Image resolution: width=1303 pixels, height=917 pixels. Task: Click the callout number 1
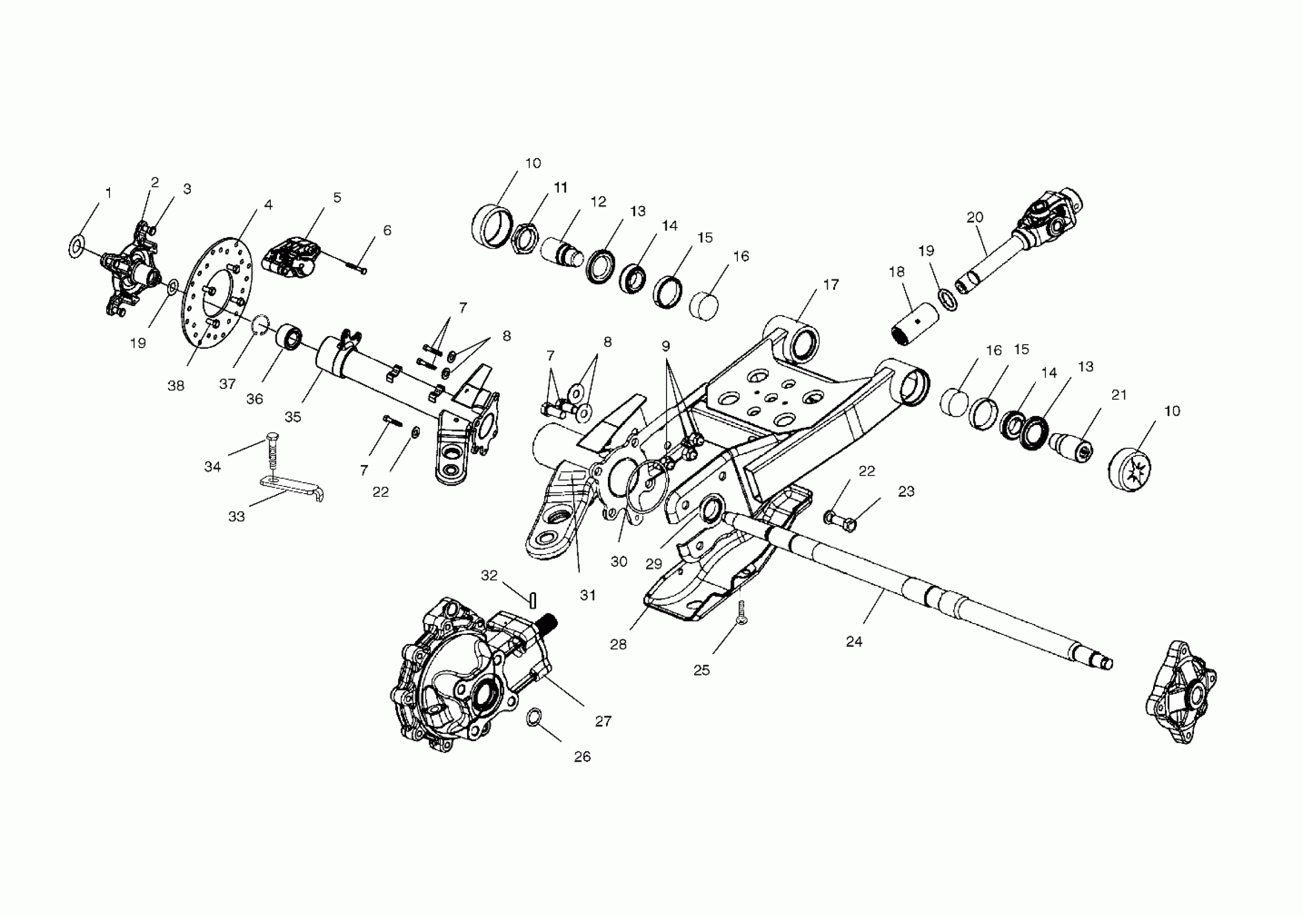(x=108, y=194)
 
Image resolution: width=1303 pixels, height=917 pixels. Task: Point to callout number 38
(x=176, y=386)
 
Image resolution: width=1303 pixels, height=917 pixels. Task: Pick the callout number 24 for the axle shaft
(x=854, y=642)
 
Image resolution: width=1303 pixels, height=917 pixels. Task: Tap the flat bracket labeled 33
(x=290, y=487)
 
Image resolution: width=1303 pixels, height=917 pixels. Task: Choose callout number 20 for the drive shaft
(x=975, y=217)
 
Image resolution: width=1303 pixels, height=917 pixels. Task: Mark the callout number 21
(x=1119, y=395)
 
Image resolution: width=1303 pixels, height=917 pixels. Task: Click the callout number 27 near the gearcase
(x=604, y=721)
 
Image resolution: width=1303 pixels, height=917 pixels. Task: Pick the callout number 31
(x=588, y=596)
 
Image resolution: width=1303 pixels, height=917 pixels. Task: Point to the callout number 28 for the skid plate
(x=618, y=645)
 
